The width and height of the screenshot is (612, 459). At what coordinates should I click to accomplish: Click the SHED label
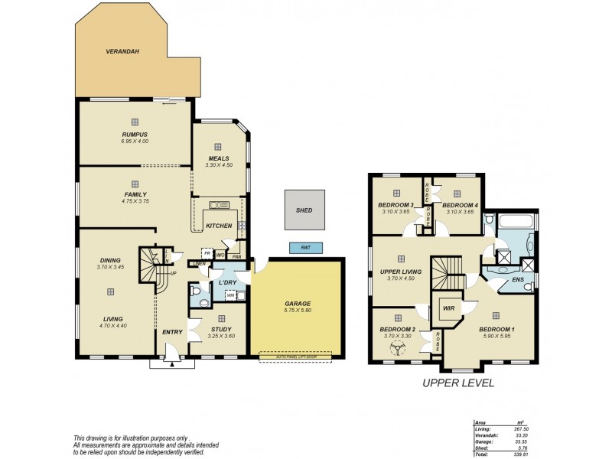304,210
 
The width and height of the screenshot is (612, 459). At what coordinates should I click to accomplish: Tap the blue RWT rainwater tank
305,248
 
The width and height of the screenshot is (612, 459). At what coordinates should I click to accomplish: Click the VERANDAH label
122,53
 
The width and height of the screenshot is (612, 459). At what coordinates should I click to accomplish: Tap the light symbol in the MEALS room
218,146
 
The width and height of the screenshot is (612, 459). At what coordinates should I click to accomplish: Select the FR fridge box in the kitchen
206,253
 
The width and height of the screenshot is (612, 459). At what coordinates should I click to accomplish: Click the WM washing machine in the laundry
229,295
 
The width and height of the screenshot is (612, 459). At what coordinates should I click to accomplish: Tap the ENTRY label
172,332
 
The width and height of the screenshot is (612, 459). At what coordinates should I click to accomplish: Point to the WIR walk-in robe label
448,308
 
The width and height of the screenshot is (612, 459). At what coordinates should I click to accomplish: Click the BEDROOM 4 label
460,205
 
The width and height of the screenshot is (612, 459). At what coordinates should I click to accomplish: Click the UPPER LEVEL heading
458,382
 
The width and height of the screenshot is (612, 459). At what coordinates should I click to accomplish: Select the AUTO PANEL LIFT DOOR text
295,356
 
